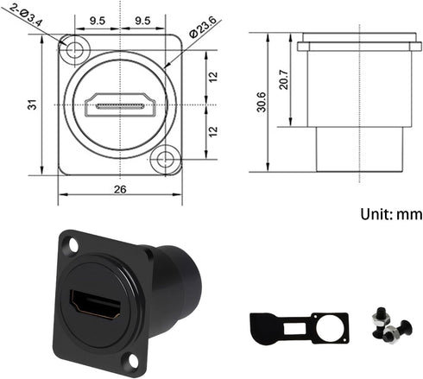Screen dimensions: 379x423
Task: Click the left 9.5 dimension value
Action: click(x=98, y=19)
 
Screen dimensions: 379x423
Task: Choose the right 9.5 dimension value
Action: click(x=143, y=19)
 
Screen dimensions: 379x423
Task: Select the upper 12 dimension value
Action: click(x=213, y=77)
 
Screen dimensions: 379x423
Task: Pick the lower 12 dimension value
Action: click(x=213, y=132)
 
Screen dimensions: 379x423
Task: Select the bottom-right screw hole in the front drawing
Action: click(x=163, y=159)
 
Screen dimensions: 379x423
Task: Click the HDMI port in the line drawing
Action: click(x=121, y=106)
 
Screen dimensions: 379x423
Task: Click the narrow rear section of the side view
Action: click(x=356, y=150)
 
